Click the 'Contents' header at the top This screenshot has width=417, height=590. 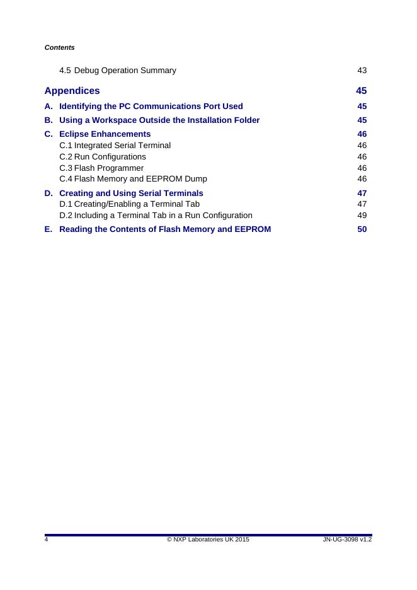[60, 47]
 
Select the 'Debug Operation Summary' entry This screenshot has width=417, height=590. [125, 70]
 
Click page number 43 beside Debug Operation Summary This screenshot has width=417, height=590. [362, 70]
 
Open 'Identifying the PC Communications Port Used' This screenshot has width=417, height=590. [151, 106]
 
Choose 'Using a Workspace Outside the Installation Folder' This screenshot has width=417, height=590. [159, 120]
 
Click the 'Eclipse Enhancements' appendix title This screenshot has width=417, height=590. [105, 134]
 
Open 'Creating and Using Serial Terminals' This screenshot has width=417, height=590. [131, 193]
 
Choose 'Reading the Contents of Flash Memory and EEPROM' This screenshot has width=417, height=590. [165, 229]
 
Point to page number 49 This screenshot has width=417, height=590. [362, 216]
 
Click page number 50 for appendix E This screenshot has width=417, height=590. [362, 229]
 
